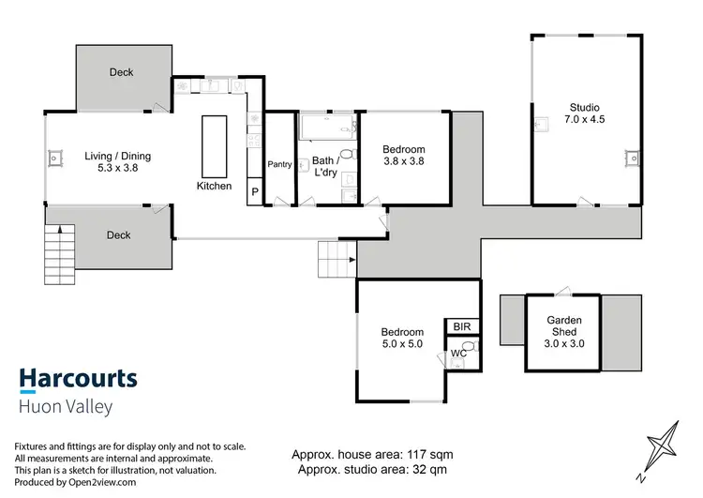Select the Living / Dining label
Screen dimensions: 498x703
coord(117,157)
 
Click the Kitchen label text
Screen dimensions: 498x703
coord(214,186)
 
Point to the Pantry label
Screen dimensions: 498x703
coord(280,164)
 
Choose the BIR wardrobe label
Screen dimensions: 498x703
coord(461,326)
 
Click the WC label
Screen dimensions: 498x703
coord(458,354)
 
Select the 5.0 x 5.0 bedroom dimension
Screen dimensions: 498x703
coord(402,345)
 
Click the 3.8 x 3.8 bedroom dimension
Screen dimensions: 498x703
coord(404,162)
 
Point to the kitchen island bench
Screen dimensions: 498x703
coord(213,144)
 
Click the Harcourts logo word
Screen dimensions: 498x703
coord(79,379)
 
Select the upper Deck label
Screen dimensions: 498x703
coord(121,72)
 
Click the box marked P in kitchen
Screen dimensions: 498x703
coord(254,194)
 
